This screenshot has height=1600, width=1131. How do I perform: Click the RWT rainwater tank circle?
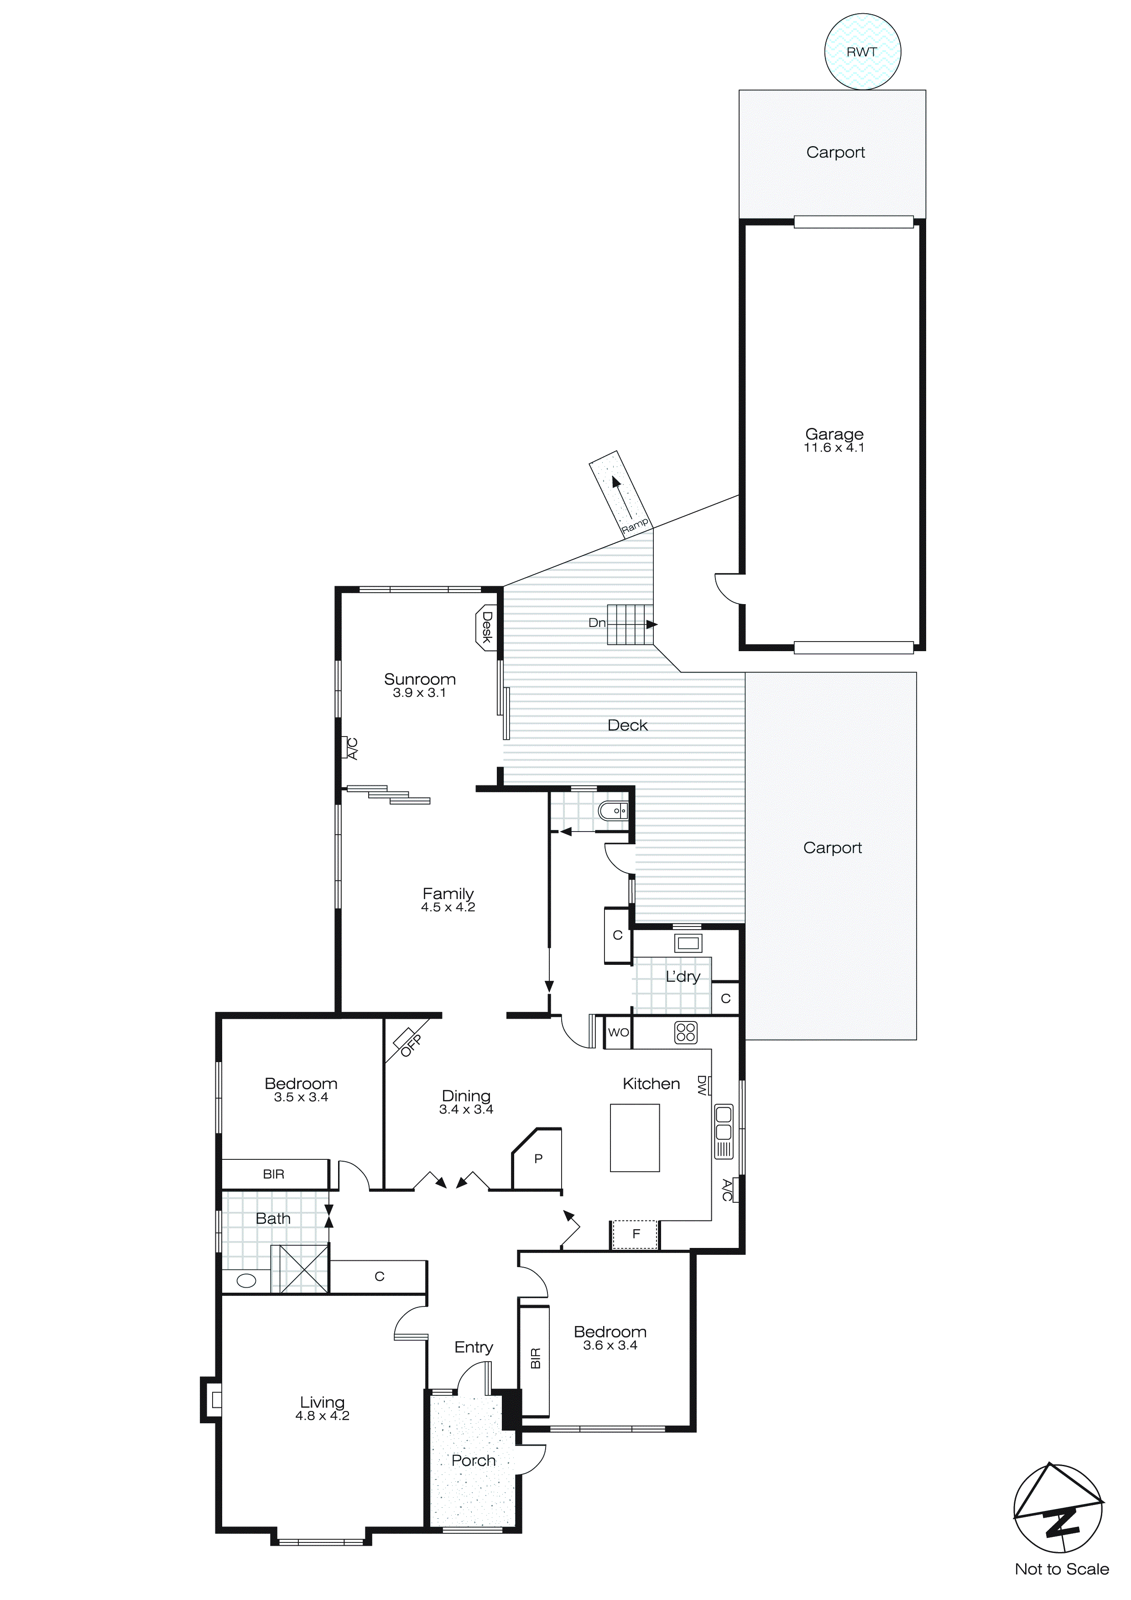(x=862, y=52)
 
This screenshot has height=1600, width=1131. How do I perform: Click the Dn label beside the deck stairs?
(x=597, y=622)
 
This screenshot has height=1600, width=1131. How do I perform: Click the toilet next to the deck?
(x=613, y=811)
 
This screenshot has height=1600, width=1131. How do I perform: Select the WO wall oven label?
(x=618, y=1032)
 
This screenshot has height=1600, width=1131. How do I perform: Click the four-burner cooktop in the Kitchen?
(x=685, y=1032)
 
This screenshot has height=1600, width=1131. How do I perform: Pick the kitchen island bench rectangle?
(x=635, y=1137)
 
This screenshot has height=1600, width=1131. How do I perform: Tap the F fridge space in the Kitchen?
(x=635, y=1234)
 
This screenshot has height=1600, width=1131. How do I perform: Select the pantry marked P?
(x=537, y=1159)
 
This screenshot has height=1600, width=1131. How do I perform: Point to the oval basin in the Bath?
(x=246, y=1280)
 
